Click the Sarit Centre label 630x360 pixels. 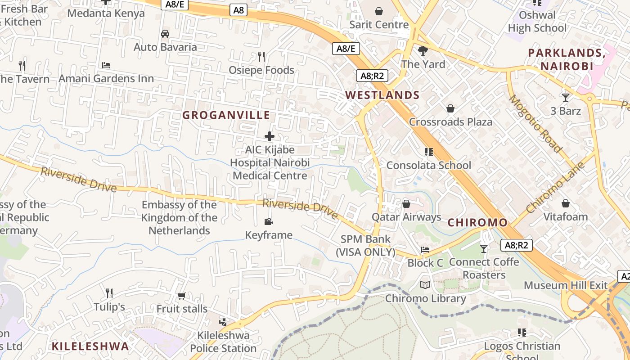[x=379, y=24]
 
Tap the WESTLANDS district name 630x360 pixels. [x=382, y=95]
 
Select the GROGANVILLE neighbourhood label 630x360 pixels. [x=226, y=115]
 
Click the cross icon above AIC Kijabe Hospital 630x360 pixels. [x=270, y=136]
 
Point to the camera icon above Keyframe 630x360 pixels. [x=269, y=221]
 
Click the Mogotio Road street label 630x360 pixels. [x=535, y=123]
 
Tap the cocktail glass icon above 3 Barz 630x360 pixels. [x=566, y=97]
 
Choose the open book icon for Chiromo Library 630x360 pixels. [x=425, y=285]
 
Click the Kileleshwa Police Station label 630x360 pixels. [x=223, y=342]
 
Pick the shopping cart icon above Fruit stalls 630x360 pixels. [x=181, y=296]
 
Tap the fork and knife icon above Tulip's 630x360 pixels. [x=109, y=293]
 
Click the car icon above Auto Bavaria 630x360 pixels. [x=165, y=34]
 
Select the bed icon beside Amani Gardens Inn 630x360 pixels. [x=106, y=65]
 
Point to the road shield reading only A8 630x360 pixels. [x=238, y=10]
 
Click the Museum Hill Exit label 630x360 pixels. [x=566, y=285]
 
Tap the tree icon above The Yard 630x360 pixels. [x=423, y=50]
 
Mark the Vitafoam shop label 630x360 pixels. [x=566, y=216]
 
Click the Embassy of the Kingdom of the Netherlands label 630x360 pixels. [x=179, y=218]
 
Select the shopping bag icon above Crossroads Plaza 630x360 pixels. [x=450, y=108]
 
